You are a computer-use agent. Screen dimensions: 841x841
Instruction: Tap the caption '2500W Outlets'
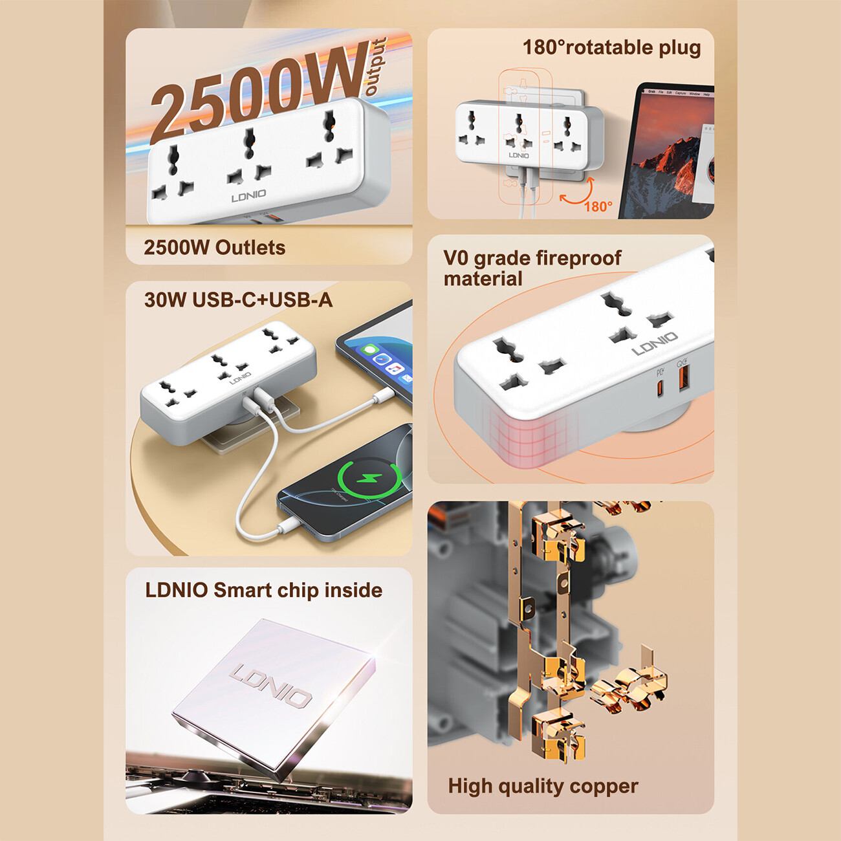click(214, 248)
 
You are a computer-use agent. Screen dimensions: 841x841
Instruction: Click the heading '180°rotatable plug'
click(611, 48)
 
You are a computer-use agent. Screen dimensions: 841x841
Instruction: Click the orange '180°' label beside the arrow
click(598, 206)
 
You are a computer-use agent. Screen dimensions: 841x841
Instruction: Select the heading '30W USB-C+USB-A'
click(238, 300)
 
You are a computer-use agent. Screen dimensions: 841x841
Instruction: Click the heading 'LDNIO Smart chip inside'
click(263, 591)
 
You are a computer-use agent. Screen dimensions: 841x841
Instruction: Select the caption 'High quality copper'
click(543, 787)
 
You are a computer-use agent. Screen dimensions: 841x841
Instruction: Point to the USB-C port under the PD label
click(660, 388)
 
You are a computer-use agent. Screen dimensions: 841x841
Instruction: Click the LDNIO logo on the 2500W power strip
click(248, 196)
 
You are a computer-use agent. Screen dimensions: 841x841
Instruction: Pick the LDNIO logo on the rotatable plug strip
click(518, 155)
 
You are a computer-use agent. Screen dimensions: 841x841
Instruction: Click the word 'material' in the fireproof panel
click(483, 279)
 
